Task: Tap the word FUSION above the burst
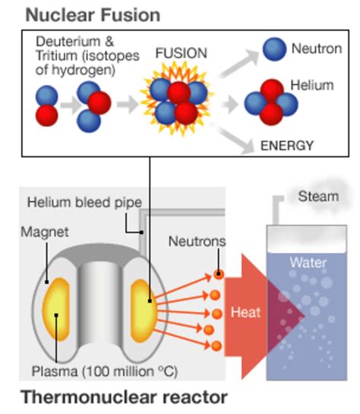point(181,55)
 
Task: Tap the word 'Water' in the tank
point(308,263)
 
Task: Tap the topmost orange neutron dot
point(218,274)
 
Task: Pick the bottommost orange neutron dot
point(216,346)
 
